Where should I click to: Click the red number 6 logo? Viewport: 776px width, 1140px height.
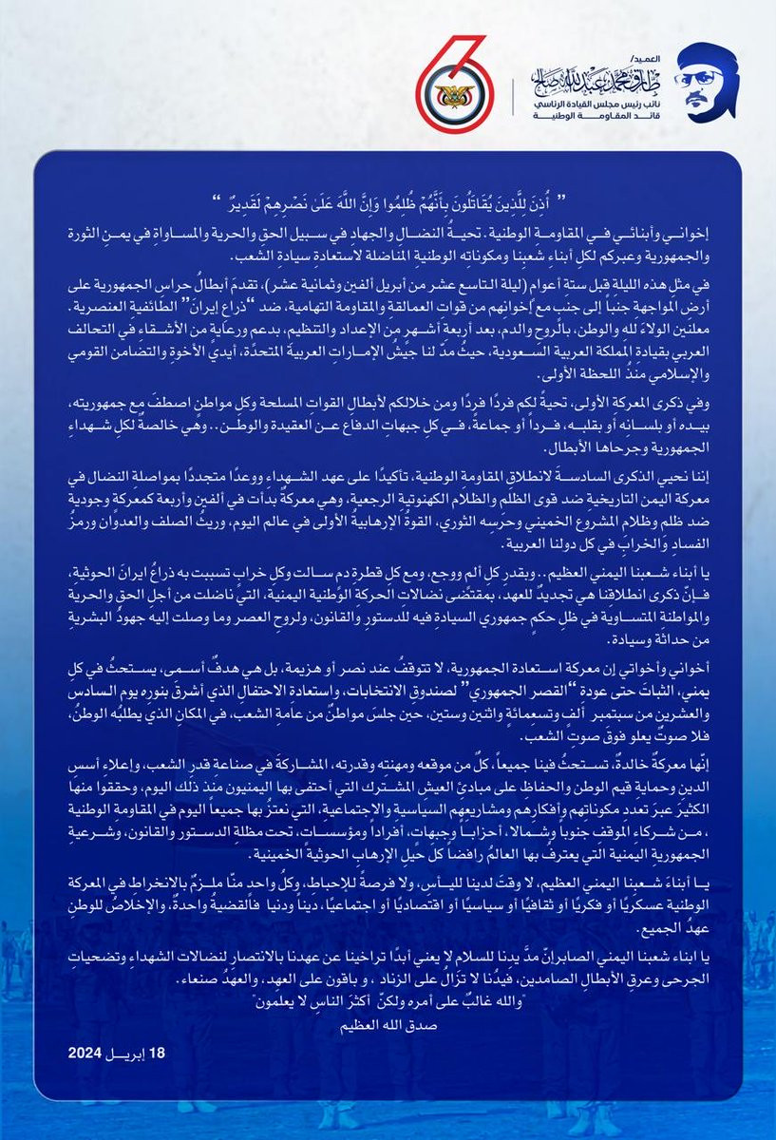(451, 85)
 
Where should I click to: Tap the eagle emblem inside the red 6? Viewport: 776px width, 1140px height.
(446, 101)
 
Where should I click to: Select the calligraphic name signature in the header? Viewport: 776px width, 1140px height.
(593, 75)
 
